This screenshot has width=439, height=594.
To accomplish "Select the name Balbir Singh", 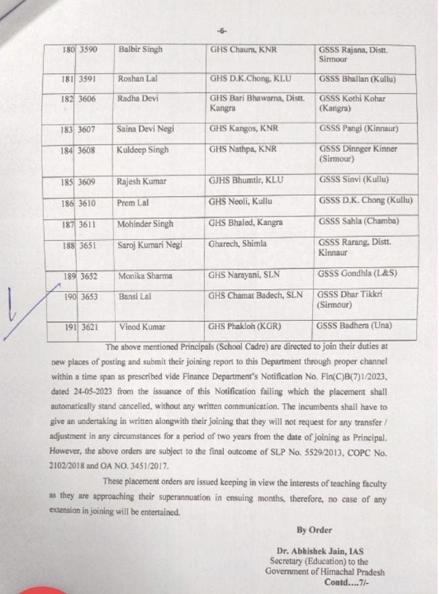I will [x=140, y=50].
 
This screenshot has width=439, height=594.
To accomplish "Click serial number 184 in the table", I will [x=66, y=150].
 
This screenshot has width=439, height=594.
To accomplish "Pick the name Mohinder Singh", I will [x=146, y=223].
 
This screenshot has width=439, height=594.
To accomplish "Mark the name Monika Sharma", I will [x=145, y=276].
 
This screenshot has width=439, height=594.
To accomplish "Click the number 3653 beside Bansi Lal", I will [x=88, y=297].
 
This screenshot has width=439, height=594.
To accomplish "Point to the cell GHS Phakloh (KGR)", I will [x=244, y=327].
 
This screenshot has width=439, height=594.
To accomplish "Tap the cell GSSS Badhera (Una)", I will [x=355, y=326].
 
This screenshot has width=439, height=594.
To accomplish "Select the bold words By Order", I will [x=314, y=531].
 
